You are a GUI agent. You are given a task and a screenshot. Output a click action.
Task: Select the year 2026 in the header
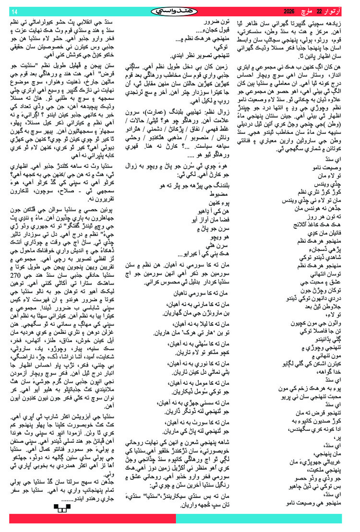coord(290,11)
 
